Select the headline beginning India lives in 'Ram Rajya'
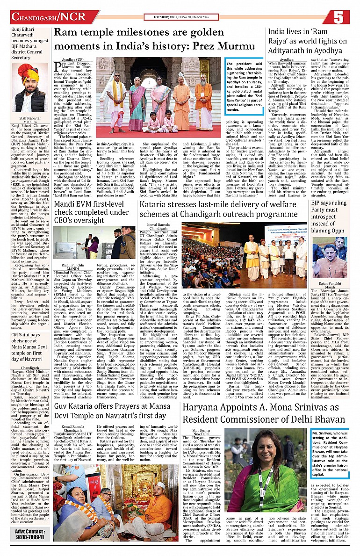pyautogui.click(x=309, y=41)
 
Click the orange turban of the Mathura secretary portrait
pyautogui.click(x=29, y=73)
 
